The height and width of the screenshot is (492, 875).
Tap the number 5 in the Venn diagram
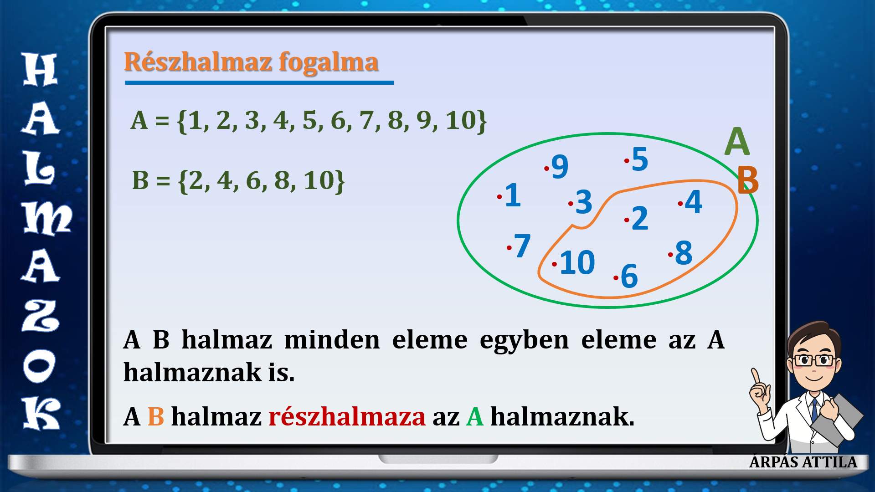point(640,159)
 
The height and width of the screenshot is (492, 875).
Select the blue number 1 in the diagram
point(513,195)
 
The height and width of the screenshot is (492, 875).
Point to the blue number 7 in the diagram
point(522,246)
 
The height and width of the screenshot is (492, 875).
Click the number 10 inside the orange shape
point(577,262)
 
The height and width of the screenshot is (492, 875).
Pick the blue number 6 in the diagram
point(629,276)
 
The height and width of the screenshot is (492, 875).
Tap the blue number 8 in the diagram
point(684,252)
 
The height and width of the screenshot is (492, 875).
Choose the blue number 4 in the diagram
point(694,202)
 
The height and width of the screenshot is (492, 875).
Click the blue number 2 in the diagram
point(640,218)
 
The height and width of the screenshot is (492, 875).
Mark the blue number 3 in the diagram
point(584,202)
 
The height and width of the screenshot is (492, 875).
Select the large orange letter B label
point(748,180)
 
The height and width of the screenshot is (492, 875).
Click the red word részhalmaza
point(347,416)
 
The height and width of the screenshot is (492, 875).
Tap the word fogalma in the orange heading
point(329,62)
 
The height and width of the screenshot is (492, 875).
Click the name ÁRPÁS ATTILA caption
point(803,461)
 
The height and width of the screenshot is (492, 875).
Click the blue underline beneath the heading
point(259,82)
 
